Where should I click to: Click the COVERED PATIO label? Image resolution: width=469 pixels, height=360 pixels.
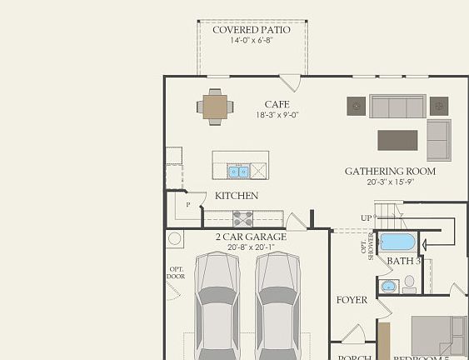coord(252,30)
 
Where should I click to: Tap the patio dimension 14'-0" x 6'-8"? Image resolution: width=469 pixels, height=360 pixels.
coord(252,42)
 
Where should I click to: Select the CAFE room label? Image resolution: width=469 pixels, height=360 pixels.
coord(277,104)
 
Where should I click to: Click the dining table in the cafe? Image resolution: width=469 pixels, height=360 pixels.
coord(216,107)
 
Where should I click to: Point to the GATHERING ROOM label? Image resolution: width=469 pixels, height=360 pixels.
coord(390,172)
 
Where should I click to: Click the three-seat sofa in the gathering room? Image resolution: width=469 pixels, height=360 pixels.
coord(397,107)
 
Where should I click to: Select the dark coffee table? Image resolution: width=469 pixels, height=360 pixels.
coord(397,139)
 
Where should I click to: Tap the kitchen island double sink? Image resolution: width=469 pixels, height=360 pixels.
coord(239,172)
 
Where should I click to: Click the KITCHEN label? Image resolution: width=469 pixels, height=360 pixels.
coord(237,196)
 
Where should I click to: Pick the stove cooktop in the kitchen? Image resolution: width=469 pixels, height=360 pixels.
coord(242,218)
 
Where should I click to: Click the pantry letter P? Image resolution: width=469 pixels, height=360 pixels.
coord(188,204)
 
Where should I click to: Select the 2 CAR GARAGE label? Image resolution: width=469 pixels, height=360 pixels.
coord(251,237)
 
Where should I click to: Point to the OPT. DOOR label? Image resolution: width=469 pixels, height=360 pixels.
coord(176,272)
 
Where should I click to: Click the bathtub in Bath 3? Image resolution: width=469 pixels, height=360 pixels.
coord(397,242)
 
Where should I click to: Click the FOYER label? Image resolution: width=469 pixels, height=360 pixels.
coord(352,300)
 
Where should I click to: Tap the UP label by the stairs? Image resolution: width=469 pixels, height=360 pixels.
coord(366,217)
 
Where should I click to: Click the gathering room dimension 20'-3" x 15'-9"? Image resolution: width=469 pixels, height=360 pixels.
coord(390,182)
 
